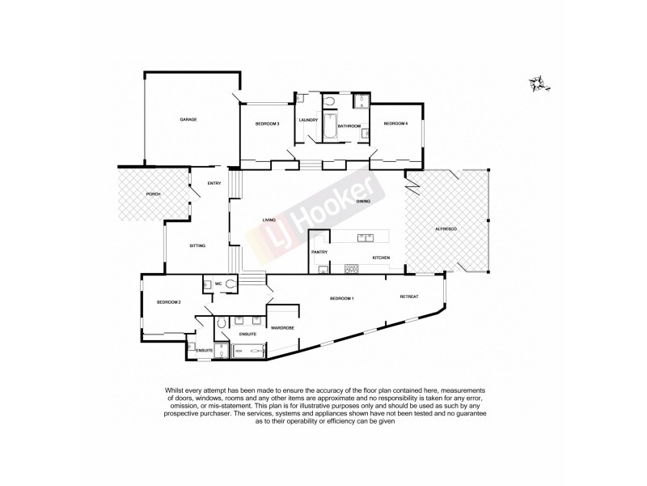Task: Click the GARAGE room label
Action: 188,119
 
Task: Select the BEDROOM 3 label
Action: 267,123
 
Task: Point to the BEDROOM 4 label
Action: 395,123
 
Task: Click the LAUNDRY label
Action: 308,121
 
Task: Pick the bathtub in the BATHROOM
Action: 328,128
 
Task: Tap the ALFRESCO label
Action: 447,231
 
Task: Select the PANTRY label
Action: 319,253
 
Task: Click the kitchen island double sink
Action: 364,238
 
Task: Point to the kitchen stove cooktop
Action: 352,268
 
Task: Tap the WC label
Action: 218,283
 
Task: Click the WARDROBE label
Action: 282,328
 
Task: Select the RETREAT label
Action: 409,296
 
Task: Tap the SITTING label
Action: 197,245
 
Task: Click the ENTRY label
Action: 214,183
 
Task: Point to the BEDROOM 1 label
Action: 342,300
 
